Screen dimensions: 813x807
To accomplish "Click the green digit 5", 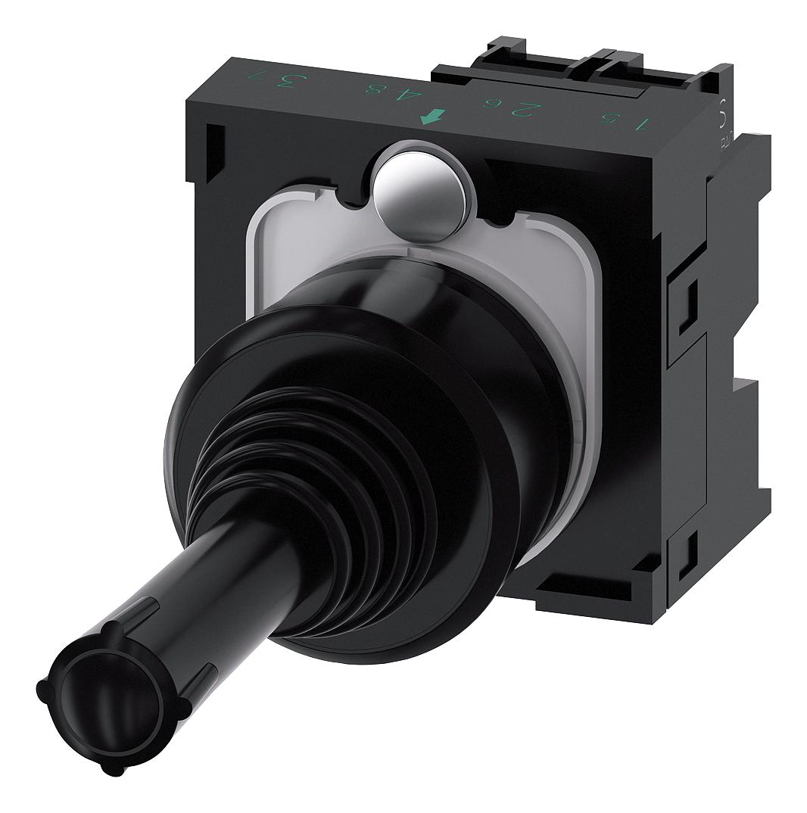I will click(607, 117).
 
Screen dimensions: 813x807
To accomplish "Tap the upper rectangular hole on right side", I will click(689, 299).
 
